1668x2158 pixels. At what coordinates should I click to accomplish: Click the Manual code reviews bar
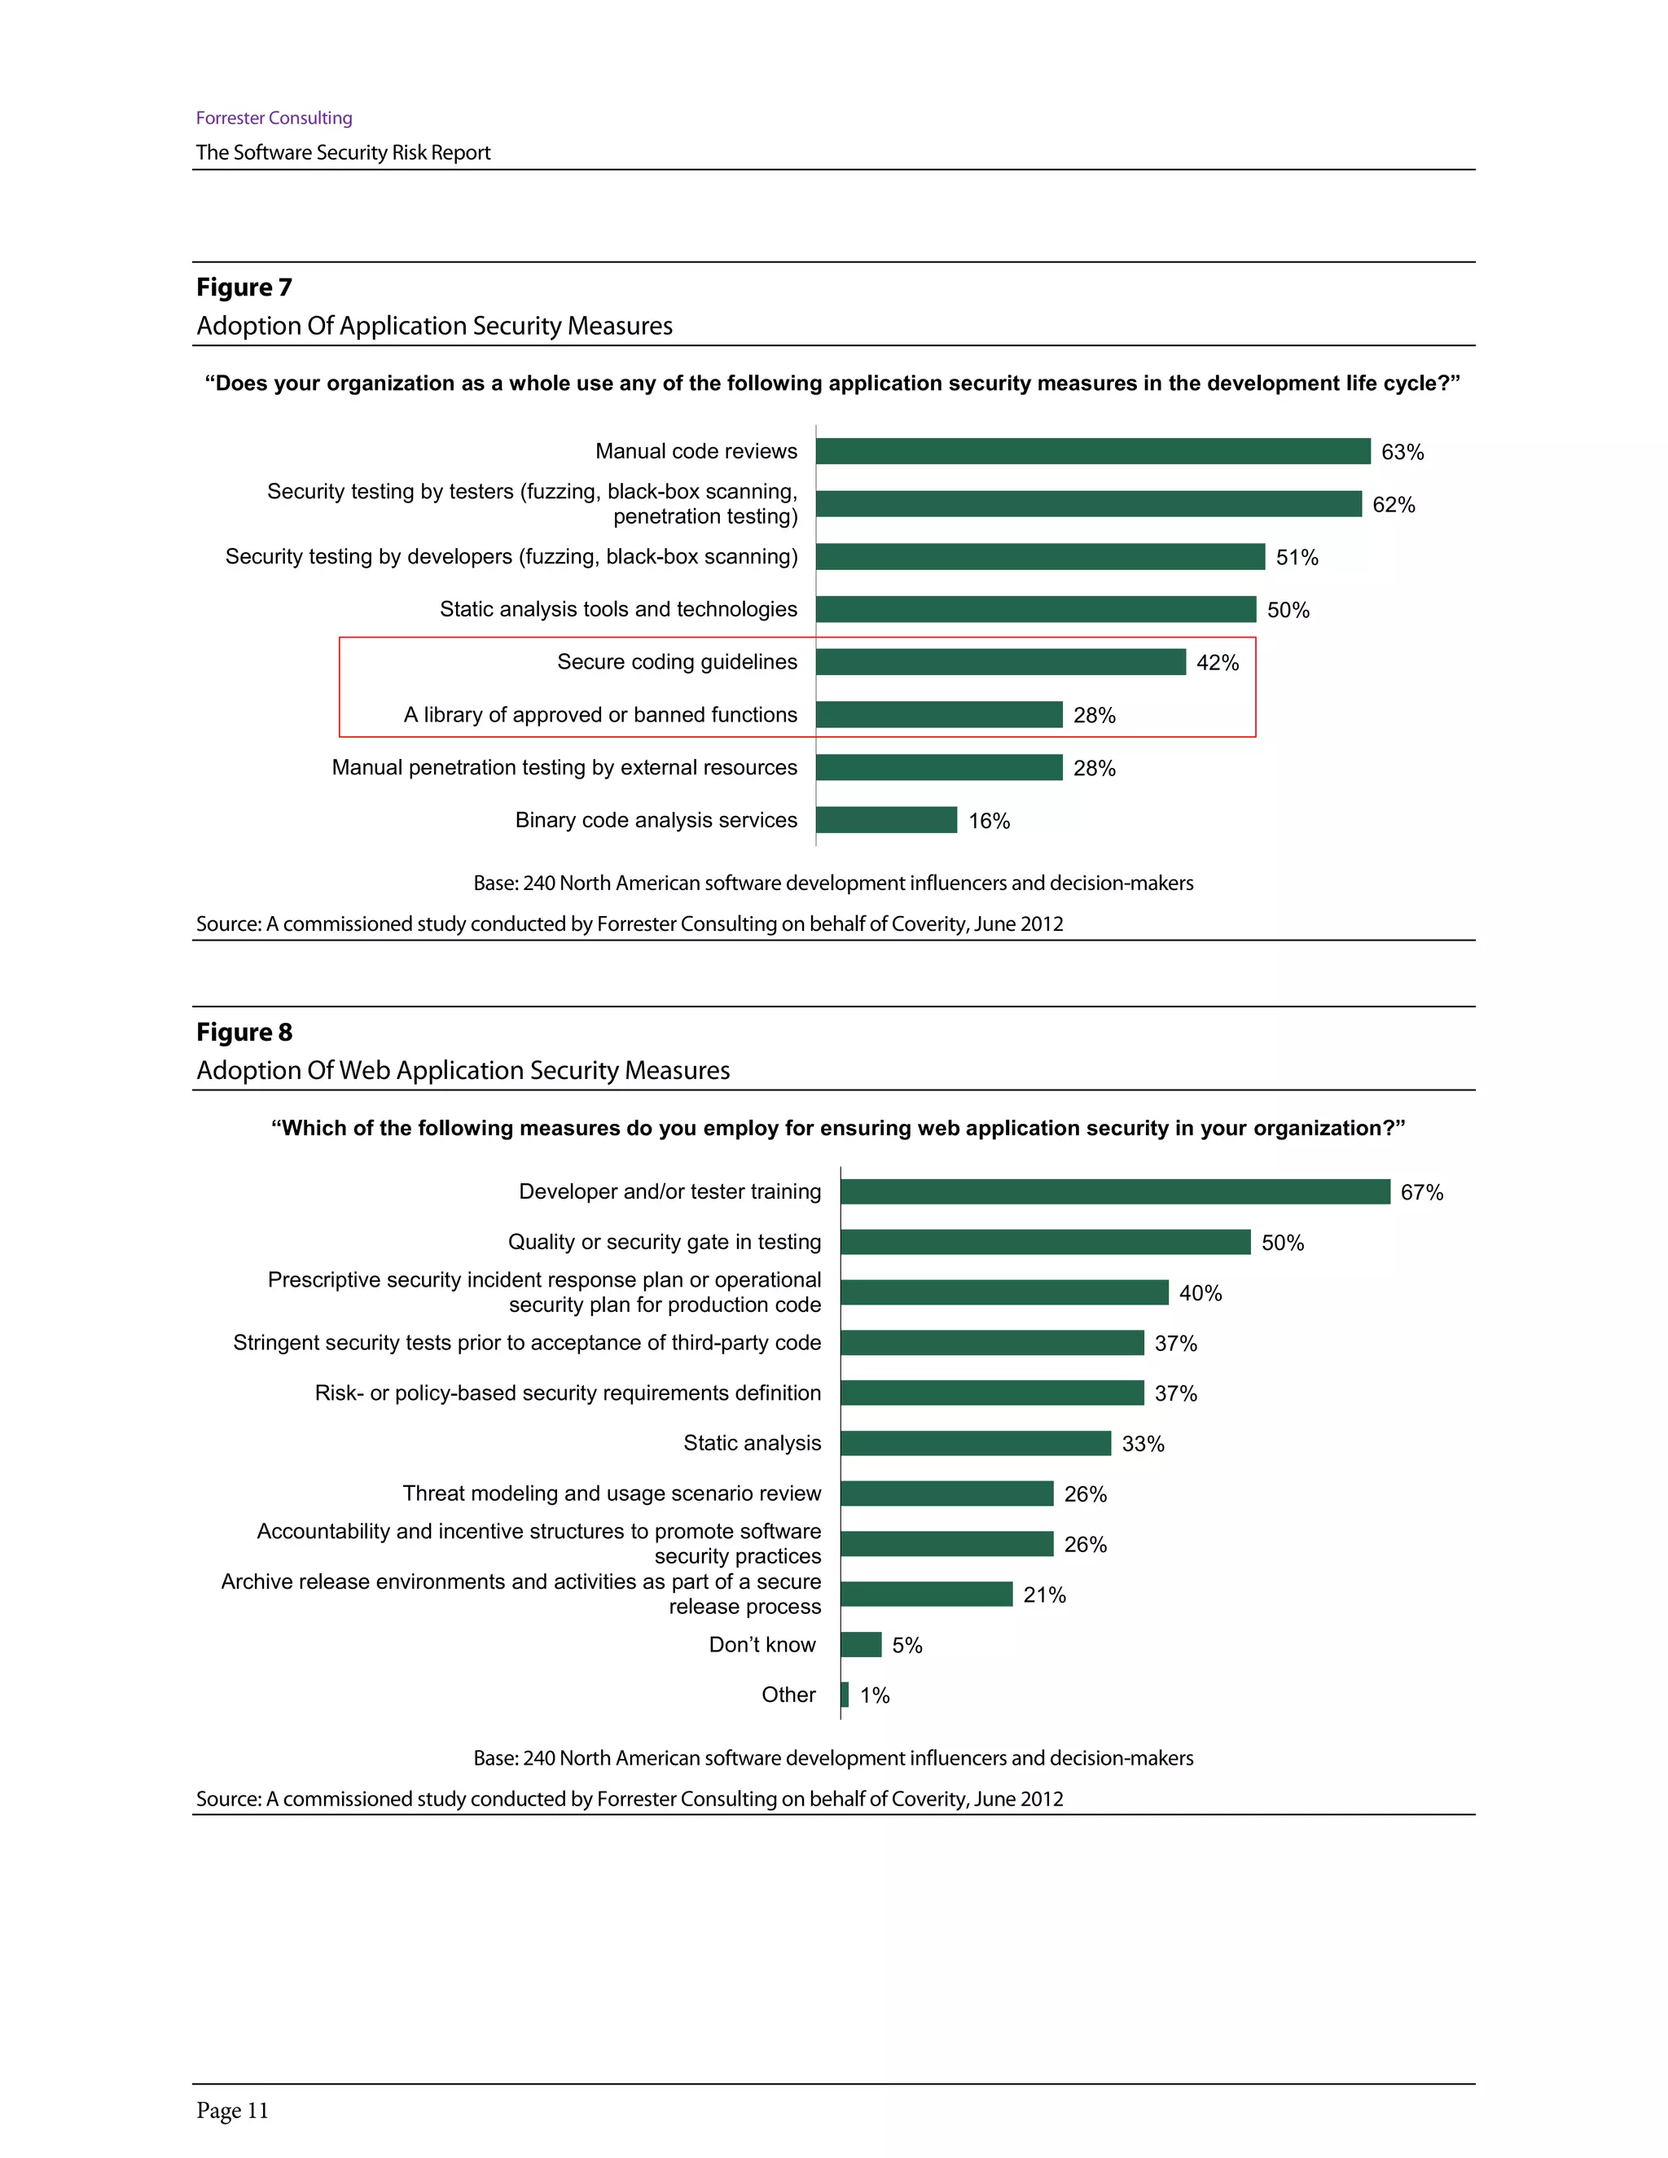pos(1092,452)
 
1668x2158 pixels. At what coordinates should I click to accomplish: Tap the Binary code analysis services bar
pos(885,820)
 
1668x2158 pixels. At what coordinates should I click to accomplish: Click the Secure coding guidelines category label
pos(677,662)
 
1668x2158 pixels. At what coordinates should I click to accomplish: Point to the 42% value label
pos(1217,663)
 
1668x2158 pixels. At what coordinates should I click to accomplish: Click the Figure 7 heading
pos(244,287)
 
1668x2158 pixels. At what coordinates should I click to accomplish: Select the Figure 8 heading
pos(244,1033)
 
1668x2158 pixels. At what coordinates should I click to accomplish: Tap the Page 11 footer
pos(232,2111)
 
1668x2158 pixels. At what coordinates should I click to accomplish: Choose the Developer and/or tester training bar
pos(1115,1191)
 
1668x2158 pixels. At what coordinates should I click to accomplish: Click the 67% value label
pos(1421,1193)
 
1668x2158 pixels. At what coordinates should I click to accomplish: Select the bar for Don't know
pos(861,1644)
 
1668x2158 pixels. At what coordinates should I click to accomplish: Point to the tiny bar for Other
pos(845,1695)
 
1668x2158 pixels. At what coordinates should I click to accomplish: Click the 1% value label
pos(875,1695)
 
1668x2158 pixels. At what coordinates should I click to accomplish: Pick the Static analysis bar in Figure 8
pos(975,1444)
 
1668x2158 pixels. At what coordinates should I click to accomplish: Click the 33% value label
pos(1143,1445)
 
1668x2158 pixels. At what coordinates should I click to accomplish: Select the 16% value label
pos(988,821)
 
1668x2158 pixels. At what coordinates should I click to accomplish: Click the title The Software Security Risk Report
pos(343,152)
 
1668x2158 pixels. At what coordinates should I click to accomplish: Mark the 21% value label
pos(1044,1594)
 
